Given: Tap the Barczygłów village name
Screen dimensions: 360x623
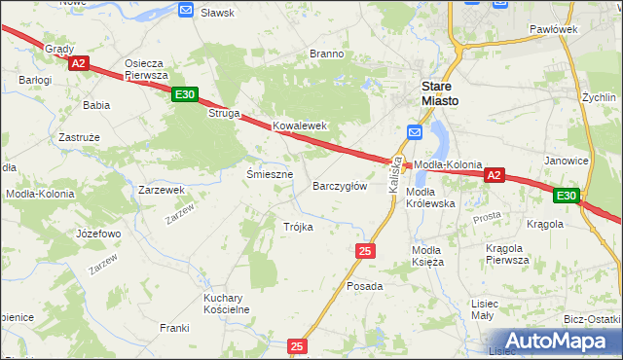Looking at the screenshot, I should [x=340, y=185].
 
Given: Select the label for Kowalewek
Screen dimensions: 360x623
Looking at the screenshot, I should [x=299, y=126].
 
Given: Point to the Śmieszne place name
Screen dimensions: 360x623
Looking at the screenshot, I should [x=270, y=174].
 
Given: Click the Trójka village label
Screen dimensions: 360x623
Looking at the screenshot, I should [x=298, y=227].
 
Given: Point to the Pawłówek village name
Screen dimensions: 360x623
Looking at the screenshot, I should [x=554, y=29].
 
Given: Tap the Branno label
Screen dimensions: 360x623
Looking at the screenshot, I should [x=327, y=54].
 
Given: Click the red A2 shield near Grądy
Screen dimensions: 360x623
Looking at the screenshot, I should [x=80, y=63].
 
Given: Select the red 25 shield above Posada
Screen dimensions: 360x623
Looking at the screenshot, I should [x=365, y=251].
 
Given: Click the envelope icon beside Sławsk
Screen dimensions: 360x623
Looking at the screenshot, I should [x=187, y=10].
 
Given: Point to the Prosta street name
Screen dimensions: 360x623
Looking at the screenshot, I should [x=487, y=218].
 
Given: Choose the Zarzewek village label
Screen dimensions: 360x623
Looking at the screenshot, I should [x=162, y=190].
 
